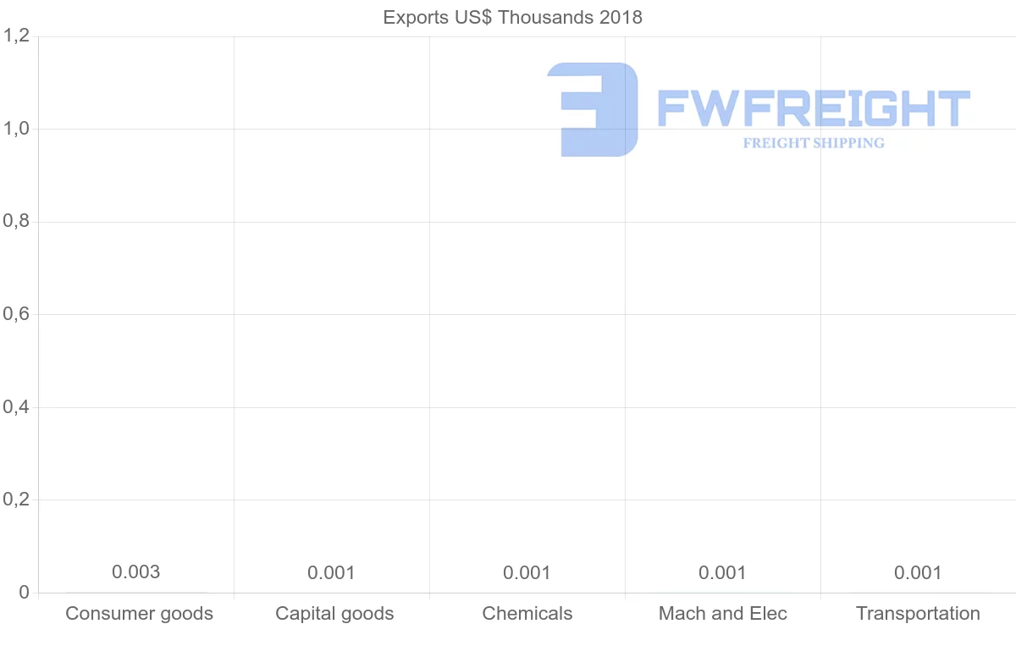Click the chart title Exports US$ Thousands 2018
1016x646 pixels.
512,17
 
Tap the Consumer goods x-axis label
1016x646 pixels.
139,613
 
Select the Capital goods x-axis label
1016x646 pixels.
334,613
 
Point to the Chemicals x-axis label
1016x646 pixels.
527,613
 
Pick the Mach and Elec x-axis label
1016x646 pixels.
723,613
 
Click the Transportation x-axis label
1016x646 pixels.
918,613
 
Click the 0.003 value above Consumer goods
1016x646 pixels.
135,572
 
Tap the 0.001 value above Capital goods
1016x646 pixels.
331,573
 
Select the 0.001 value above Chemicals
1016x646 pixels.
527,573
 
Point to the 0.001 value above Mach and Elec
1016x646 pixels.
722,573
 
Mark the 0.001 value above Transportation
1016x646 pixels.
918,573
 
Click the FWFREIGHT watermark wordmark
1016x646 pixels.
813,108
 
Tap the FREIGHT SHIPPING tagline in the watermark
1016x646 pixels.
814,143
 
